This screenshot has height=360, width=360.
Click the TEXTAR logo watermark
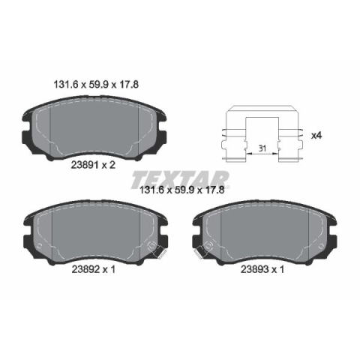point(180,179)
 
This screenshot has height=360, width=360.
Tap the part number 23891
point(85,165)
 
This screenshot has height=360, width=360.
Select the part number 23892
point(85,269)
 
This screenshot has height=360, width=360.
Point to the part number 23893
point(254,269)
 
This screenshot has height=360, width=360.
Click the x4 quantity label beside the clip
point(316,136)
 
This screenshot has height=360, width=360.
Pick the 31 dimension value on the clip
point(262,148)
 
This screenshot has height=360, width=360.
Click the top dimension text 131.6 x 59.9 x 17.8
point(96,85)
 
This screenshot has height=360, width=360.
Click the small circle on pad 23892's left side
point(39,246)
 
